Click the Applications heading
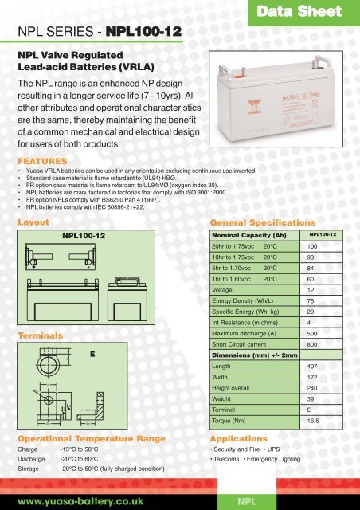[x=240, y=438]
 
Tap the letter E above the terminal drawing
[x=92, y=351]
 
